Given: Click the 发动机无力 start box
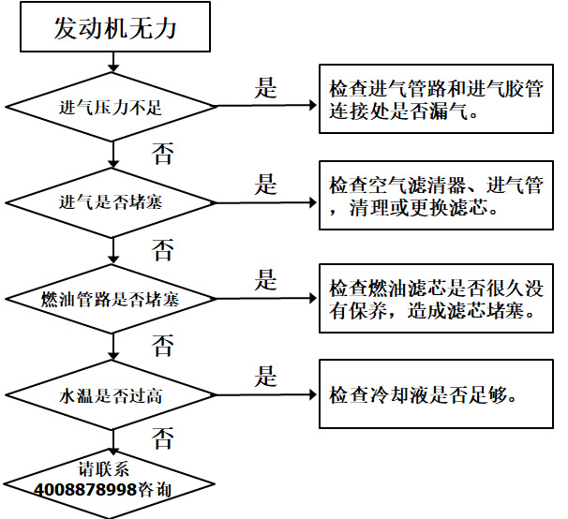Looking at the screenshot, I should tap(114, 28).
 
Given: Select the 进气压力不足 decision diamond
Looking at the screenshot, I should tap(112, 108).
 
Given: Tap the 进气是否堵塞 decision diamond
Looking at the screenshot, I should tap(112, 201).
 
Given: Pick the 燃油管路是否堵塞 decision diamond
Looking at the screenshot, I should tap(112, 299).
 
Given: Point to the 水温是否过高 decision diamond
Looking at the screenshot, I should tap(112, 394).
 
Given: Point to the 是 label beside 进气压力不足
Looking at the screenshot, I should tap(266, 88).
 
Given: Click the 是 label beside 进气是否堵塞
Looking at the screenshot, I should tap(266, 184).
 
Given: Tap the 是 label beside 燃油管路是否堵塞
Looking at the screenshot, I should tap(266, 279).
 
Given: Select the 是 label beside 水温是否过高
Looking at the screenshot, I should tap(266, 377).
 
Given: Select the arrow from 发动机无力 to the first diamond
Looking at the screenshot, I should tap(113, 62).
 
